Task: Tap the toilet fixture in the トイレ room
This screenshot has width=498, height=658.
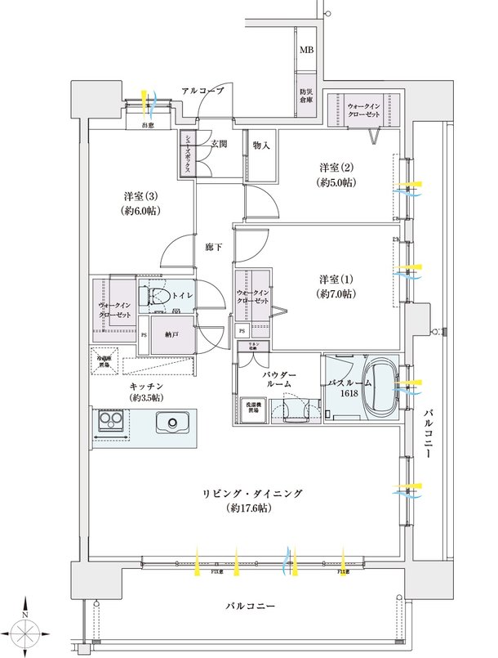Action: (158, 296)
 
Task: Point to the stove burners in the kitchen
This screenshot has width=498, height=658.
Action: (109, 423)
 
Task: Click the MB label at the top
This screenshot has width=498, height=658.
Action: (306, 51)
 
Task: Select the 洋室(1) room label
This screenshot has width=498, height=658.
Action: (336, 286)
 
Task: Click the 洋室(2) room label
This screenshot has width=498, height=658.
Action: (336, 174)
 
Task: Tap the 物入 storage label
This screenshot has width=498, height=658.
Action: (261, 145)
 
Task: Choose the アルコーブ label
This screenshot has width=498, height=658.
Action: (202, 92)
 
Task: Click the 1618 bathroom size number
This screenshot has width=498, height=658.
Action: (349, 392)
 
